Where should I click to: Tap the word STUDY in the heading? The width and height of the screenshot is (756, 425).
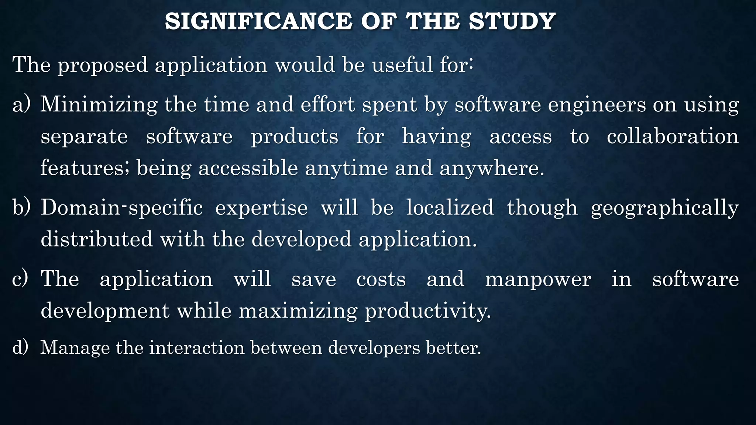[x=512, y=21]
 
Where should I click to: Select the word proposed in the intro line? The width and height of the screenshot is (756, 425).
[x=102, y=65]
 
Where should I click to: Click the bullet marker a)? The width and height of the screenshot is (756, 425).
[x=21, y=104]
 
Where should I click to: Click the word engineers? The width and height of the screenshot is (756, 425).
[x=597, y=104]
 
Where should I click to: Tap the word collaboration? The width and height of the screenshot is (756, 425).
[x=673, y=137]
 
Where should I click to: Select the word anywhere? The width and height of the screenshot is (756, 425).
[x=492, y=168]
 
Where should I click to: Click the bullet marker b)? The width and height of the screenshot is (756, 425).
[x=21, y=207]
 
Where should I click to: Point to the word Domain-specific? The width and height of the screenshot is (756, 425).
[x=121, y=207]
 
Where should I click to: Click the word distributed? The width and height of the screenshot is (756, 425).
[x=96, y=239]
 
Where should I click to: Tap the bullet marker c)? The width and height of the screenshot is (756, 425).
[x=20, y=279]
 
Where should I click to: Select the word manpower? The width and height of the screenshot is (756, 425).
[x=538, y=279]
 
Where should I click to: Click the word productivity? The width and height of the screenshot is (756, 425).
[x=428, y=311]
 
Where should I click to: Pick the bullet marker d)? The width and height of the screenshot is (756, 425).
[x=20, y=348]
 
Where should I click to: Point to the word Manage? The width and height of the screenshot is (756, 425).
[x=75, y=348]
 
